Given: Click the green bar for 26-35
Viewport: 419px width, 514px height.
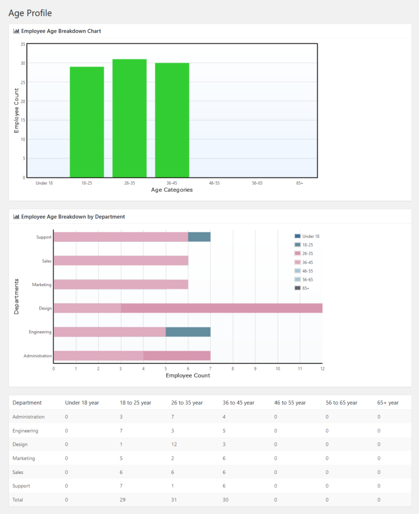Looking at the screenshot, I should pyautogui.click(x=129, y=118).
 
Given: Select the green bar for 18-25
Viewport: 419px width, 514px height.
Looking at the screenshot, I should pyautogui.click(x=87, y=122).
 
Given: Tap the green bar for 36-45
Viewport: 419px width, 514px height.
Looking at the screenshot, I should pyautogui.click(x=172, y=120).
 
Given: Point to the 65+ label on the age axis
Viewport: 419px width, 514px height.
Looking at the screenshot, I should pyautogui.click(x=300, y=183).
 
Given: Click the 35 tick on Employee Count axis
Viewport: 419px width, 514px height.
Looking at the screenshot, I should pyautogui.click(x=23, y=44).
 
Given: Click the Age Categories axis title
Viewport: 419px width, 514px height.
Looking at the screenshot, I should pyautogui.click(x=172, y=190).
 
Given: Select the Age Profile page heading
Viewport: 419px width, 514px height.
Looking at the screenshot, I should pyautogui.click(x=30, y=13).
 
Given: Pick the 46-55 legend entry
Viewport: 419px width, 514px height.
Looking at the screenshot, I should pyautogui.click(x=307, y=271).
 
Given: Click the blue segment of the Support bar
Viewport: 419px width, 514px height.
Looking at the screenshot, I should pyautogui.click(x=199, y=237).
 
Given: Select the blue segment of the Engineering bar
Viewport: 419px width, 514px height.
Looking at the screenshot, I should pyautogui.click(x=188, y=332).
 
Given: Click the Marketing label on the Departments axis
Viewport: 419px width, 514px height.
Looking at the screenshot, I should pyautogui.click(x=42, y=285).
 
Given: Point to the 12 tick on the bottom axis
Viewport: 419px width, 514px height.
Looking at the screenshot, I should pyautogui.click(x=322, y=368).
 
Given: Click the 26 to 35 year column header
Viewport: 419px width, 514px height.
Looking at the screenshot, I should pyautogui.click(x=187, y=403).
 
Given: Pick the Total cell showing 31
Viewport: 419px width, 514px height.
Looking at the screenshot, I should pyautogui.click(x=174, y=499).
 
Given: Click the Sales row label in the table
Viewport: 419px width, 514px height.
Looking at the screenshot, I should pyautogui.click(x=18, y=472).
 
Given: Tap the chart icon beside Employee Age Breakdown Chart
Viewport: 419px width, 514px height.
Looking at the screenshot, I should pyautogui.click(x=16, y=31).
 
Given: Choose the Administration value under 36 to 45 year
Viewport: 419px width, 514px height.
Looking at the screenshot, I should pyautogui.click(x=224, y=417).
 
